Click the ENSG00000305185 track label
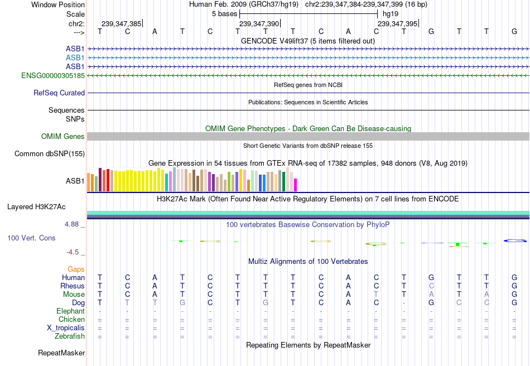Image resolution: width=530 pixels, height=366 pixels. click(x=53, y=75)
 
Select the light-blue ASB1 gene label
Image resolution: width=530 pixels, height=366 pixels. click(x=75, y=57)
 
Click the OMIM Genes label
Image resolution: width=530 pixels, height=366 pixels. click(x=63, y=137)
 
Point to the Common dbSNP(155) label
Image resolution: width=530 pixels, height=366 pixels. click(x=50, y=153)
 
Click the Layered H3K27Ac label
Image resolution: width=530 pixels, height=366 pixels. click(x=36, y=206)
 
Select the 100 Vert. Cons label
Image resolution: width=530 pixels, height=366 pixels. click(x=31, y=238)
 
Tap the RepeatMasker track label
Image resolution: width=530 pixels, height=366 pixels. click(x=61, y=353)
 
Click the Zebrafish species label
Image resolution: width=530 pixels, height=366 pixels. click(x=70, y=336)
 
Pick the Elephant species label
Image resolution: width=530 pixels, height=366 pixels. click(x=71, y=311)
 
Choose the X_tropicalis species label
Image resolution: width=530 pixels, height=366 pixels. click(x=66, y=328)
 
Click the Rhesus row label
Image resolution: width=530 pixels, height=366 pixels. click(x=73, y=286)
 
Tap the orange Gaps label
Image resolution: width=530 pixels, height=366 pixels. click(x=76, y=269)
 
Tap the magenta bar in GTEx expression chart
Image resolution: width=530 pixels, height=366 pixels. click(x=295, y=185)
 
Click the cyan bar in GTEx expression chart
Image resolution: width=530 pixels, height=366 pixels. click(x=166, y=183)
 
